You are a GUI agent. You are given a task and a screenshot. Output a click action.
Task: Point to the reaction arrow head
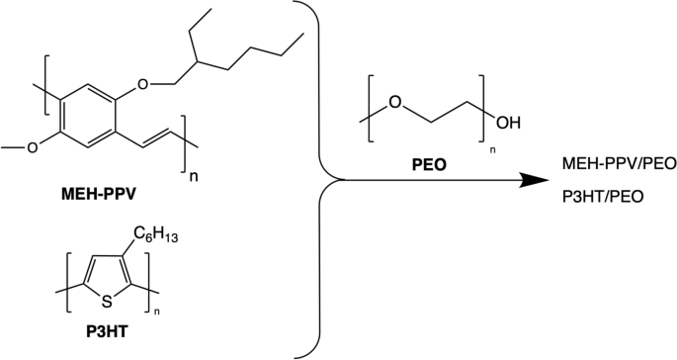coord(533,180)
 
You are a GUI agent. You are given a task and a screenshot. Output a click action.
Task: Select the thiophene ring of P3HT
coord(107,279)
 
